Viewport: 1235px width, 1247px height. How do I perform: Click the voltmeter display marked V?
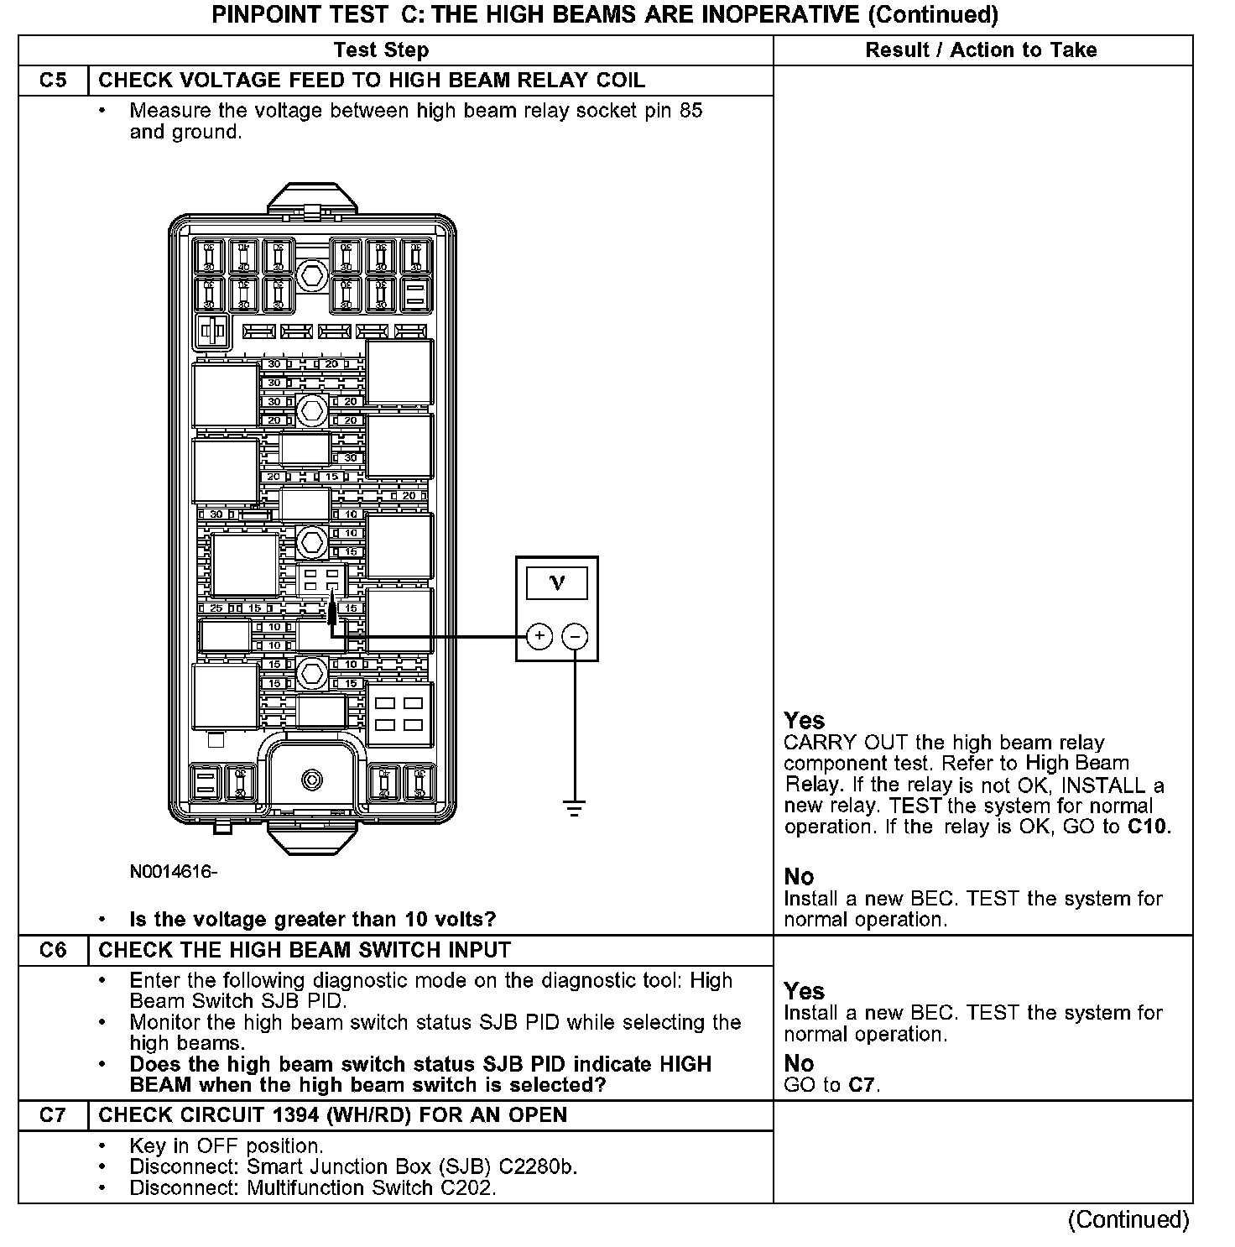click(557, 582)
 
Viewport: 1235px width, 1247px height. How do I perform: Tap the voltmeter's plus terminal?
click(539, 636)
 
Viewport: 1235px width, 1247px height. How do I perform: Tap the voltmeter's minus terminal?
click(575, 636)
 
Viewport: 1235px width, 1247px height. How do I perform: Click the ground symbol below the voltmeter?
click(575, 809)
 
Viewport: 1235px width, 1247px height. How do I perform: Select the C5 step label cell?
click(53, 81)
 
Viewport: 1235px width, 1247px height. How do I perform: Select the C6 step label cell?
click(53, 950)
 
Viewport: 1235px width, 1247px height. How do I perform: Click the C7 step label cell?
click(53, 1115)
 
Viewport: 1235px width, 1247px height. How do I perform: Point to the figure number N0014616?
click(172, 871)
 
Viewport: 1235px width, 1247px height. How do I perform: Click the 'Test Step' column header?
click(381, 50)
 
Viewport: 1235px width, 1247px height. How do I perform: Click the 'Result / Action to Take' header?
click(981, 50)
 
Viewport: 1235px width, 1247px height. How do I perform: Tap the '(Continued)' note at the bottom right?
click(1128, 1219)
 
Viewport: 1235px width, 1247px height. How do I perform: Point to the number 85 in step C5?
click(690, 111)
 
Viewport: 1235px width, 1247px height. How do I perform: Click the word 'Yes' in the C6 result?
click(804, 991)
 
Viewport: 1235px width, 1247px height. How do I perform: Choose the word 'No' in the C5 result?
click(799, 877)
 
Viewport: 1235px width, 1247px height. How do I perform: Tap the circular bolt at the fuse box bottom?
click(312, 780)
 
